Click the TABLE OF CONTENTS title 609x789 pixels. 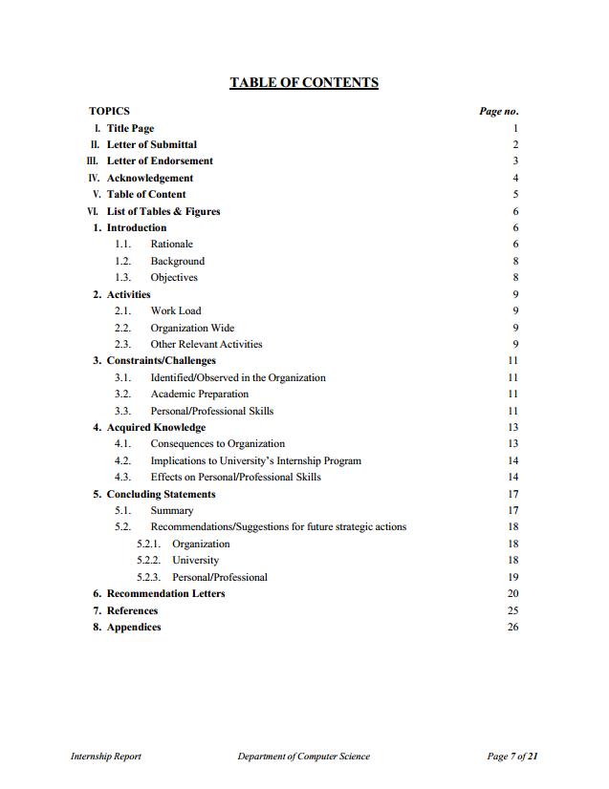pos(304,83)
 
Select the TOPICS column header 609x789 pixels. pos(109,111)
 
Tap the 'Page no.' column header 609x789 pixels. pos(498,111)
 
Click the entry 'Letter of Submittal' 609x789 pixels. pos(151,144)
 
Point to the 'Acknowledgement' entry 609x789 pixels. pos(149,178)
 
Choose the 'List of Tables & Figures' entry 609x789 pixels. pos(163,211)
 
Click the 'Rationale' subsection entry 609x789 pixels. pos(171,245)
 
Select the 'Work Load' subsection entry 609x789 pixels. pos(176,310)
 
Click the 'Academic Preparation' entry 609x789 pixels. pos(199,394)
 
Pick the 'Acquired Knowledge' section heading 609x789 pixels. pos(156,427)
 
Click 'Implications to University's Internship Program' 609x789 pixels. pos(255,460)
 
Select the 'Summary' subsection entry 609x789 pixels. pos(171,510)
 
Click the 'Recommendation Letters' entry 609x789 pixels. pos(165,593)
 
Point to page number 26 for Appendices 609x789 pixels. pos(512,627)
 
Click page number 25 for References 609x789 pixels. pos(512,610)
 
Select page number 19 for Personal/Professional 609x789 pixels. pos(512,577)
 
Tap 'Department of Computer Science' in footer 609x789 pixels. pos(303,757)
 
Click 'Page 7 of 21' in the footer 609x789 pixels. pos(512,757)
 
